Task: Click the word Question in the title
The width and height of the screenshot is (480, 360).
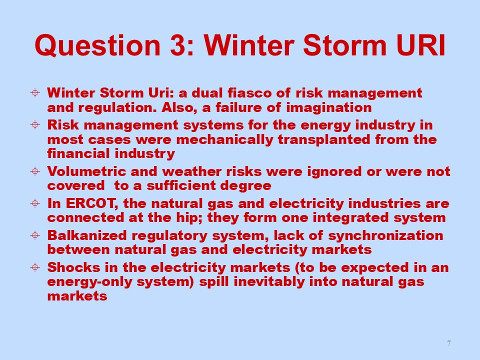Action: [97, 45]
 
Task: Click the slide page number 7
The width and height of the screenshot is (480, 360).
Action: [449, 343]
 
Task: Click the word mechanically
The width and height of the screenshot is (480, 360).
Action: [224, 139]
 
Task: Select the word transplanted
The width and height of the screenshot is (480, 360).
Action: [324, 139]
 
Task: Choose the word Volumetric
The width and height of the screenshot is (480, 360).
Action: [86, 171]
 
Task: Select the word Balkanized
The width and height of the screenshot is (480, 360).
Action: [87, 235]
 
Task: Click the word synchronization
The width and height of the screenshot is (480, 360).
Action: [385, 235]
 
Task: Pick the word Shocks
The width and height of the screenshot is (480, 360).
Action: [74, 267]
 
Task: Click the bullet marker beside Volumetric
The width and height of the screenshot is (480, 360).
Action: [35, 171]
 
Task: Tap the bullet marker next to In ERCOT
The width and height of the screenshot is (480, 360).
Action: [35, 203]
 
